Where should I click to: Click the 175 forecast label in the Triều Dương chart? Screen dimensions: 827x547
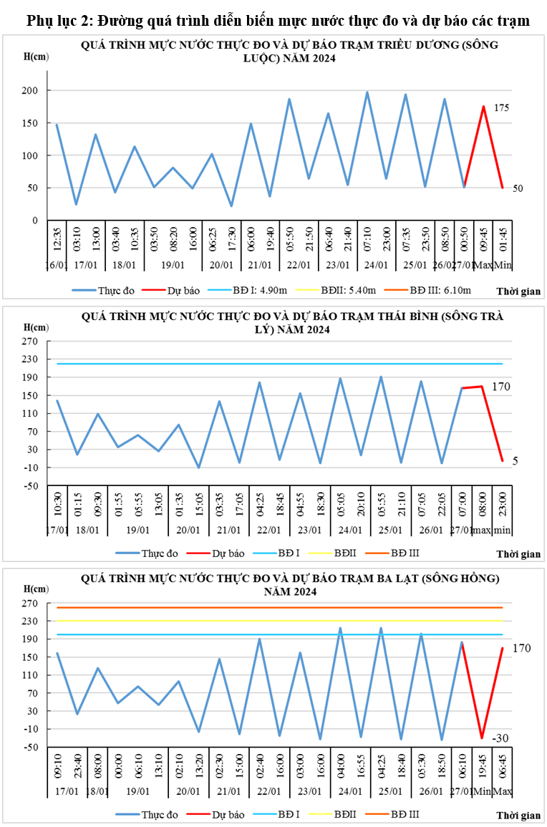(x=502, y=108)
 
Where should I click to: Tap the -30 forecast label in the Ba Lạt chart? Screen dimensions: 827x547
(x=499, y=738)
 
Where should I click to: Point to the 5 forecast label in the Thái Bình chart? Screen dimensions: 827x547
(x=515, y=462)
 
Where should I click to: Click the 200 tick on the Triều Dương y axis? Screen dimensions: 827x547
(x=30, y=91)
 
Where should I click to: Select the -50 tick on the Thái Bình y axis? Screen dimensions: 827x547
(x=30, y=486)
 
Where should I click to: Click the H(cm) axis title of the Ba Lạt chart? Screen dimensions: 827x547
(x=35, y=589)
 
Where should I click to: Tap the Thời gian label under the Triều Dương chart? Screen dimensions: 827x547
(x=519, y=291)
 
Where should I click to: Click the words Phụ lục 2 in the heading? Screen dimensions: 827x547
(x=57, y=21)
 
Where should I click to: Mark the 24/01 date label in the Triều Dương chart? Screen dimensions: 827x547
(x=377, y=265)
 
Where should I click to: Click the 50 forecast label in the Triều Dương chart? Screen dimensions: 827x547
(x=518, y=188)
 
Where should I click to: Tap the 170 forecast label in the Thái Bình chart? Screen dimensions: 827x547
(x=500, y=387)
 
